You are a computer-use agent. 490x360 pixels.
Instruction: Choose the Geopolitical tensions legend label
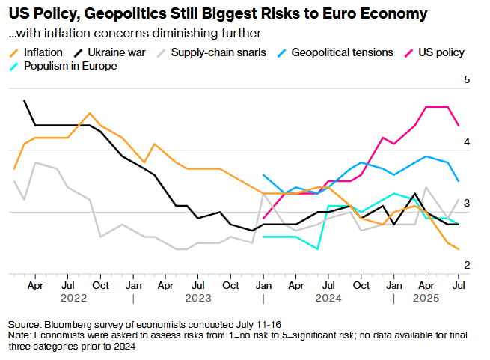342,52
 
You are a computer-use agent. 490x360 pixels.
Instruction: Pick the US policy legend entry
441,52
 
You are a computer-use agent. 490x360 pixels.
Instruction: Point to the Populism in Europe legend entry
70,66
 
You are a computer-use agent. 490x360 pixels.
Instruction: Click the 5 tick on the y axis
468,79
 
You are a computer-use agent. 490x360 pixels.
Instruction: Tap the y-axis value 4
468,141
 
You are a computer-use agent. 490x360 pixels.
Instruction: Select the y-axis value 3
468,203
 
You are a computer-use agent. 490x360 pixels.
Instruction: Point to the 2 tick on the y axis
468,265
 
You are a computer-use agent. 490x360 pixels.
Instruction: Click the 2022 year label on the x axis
69,298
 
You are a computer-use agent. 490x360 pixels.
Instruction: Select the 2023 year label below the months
198,298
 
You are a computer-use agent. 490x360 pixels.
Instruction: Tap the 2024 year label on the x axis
328,298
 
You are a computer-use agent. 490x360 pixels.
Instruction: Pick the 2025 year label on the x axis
426,298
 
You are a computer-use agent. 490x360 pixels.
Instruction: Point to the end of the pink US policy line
459,126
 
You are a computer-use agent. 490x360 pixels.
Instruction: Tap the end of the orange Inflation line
459,249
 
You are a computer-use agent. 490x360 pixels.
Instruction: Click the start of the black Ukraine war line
25,100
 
